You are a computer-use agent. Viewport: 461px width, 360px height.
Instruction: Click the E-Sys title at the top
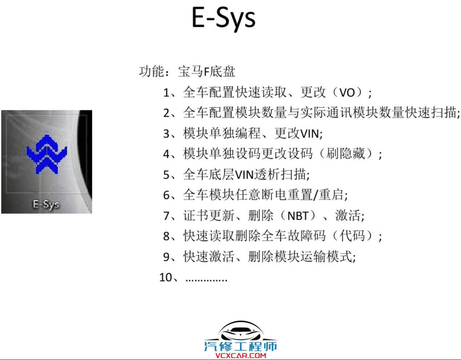pyautogui.click(x=223, y=18)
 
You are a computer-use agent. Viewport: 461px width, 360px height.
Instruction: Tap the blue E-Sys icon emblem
pyautogui.click(x=47, y=154)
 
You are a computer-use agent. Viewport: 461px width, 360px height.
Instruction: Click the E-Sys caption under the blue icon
pyautogui.click(x=46, y=204)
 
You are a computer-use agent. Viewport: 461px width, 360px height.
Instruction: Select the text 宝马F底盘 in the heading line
pyautogui.click(x=207, y=72)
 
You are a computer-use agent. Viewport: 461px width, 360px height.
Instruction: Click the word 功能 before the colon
pyautogui.click(x=151, y=72)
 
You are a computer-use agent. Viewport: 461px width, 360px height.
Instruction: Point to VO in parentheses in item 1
pyautogui.click(x=347, y=93)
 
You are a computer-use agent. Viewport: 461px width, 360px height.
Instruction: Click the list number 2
pyautogui.click(x=166, y=113)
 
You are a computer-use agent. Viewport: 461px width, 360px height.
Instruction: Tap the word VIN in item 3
pyautogui.click(x=309, y=134)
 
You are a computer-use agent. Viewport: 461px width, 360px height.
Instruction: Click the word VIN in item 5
pyautogui.click(x=244, y=175)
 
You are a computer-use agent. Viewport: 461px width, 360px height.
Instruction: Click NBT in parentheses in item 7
pyautogui.click(x=298, y=216)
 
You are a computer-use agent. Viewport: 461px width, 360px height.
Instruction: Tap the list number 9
pyautogui.click(x=166, y=257)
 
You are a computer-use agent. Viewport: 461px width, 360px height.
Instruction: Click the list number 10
pyautogui.click(x=165, y=277)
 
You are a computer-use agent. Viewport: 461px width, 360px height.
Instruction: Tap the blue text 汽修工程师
pyautogui.click(x=240, y=346)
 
